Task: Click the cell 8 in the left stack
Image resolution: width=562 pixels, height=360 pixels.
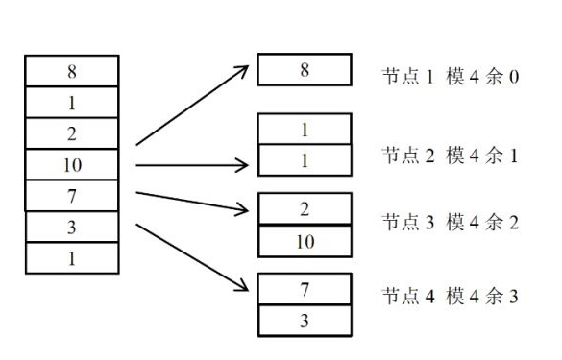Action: click(x=72, y=70)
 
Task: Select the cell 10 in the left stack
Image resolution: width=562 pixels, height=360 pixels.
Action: click(x=72, y=164)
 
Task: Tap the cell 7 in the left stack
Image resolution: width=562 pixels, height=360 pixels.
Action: click(x=72, y=196)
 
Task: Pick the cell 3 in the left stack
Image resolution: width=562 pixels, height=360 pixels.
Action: click(x=72, y=227)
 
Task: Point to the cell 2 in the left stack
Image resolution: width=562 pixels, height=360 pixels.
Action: click(x=72, y=133)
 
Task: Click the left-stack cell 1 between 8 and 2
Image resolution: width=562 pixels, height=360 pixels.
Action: click(x=72, y=102)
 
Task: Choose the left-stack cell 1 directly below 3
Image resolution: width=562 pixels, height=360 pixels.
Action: click(x=72, y=258)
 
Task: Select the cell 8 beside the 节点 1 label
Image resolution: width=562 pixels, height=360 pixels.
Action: click(x=305, y=70)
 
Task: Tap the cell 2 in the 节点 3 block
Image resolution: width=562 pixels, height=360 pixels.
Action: click(x=305, y=208)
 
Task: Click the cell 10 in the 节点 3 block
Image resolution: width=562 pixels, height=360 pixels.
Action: click(x=305, y=240)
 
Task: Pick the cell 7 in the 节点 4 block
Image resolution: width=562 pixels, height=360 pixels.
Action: click(x=305, y=289)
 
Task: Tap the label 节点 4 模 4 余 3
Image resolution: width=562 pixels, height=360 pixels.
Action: click(x=450, y=297)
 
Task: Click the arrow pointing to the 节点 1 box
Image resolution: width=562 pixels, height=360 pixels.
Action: click(x=192, y=106)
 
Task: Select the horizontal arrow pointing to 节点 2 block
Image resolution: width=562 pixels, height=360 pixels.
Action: click(x=192, y=165)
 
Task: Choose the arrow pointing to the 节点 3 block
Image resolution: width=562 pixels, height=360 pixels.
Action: click(x=192, y=200)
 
